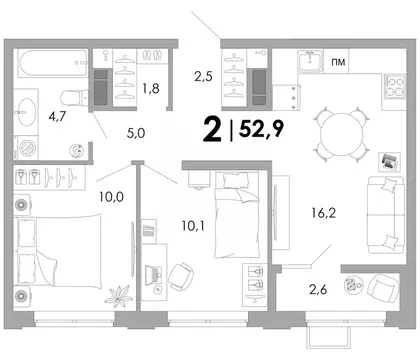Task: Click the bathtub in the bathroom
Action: tap(53, 63)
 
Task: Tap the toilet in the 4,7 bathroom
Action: tap(73, 97)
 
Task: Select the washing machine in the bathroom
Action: tap(26, 148)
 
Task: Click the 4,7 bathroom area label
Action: tap(57, 116)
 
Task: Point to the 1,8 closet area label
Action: tap(151, 88)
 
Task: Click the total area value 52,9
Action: tap(262, 128)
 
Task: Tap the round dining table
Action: tap(342, 133)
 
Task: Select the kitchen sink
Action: tap(310, 61)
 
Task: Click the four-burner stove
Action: tap(394, 87)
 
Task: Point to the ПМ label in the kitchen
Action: tap(338, 62)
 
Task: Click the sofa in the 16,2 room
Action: tap(386, 215)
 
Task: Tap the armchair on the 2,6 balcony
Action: tap(383, 287)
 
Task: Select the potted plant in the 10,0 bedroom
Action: tap(117, 295)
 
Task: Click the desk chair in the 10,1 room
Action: tap(181, 276)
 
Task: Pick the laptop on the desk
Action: tap(155, 274)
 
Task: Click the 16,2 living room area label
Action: tap(324, 212)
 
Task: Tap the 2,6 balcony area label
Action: tap(318, 290)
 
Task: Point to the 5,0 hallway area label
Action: tap(136, 133)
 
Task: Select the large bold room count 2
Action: tap(212, 130)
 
